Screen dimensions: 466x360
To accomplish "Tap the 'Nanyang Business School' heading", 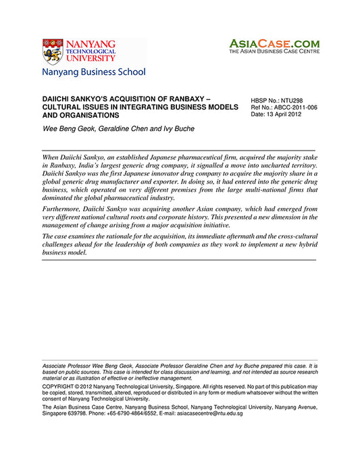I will (93, 72).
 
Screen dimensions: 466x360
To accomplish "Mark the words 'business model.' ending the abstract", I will (64, 253).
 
